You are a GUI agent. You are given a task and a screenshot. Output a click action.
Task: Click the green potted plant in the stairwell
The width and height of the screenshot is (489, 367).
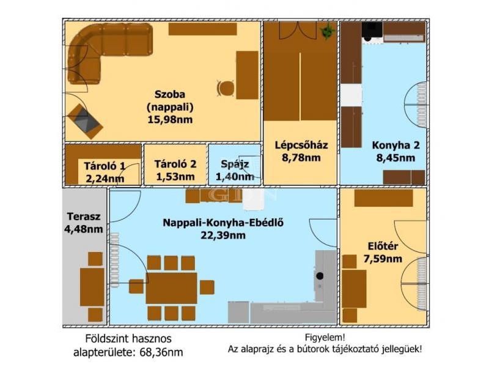pyautogui.click(x=327, y=31)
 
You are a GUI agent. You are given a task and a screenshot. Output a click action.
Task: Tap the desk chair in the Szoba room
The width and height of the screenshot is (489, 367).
pyautogui.click(x=226, y=88)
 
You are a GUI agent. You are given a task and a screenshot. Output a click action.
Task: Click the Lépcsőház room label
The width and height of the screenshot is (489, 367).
pyautogui.click(x=301, y=145)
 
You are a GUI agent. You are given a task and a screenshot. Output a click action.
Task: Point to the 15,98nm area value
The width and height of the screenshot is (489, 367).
pyautogui.click(x=170, y=119)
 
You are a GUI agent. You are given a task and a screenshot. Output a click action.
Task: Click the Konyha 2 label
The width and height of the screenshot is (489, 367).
pyautogui.click(x=395, y=145)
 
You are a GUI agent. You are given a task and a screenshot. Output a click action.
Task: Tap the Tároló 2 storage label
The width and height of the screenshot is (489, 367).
pyautogui.click(x=175, y=164)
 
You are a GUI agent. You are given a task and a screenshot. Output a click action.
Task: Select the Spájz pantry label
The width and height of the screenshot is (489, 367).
pyautogui.click(x=235, y=164)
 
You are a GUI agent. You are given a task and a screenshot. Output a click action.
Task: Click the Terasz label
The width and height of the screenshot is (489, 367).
pyautogui.click(x=84, y=217)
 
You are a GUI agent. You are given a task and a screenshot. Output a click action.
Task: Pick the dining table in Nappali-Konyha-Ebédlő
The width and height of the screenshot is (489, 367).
pyautogui.click(x=171, y=288)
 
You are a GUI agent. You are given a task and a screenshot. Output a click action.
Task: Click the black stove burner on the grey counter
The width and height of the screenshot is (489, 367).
pyautogui.click(x=320, y=276)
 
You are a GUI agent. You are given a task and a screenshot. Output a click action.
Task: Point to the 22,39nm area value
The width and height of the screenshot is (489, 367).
pyautogui.click(x=222, y=235)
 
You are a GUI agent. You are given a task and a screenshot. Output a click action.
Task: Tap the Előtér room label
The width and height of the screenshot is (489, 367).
pyautogui.click(x=383, y=247)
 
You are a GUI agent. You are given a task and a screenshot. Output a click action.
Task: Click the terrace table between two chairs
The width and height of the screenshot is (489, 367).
pyautogui.click(x=92, y=287)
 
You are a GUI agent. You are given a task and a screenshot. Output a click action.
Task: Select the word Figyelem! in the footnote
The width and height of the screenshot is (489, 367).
pyautogui.click(x=325, y=338)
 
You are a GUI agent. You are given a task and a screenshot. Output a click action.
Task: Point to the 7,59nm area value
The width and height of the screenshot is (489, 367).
pyautogui.click(x=383, y=259)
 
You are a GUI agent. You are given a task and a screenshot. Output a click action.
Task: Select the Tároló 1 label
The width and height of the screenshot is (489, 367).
pyautogui.click(x=105, y=166)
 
